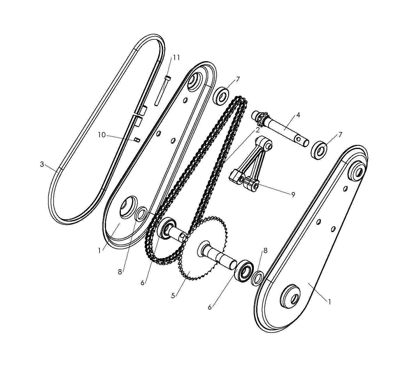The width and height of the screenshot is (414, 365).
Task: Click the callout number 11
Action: pos(176,57)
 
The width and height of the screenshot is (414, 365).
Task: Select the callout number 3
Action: pos(42,164)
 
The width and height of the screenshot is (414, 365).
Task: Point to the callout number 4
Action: pos(298,115)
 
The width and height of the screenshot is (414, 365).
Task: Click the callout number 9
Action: pos(293,195)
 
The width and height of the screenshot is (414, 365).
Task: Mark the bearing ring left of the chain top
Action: pos(221,95)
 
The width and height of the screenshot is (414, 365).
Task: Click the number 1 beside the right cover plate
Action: pos(329,302)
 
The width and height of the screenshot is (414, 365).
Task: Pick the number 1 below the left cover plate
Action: pos(100,250)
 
